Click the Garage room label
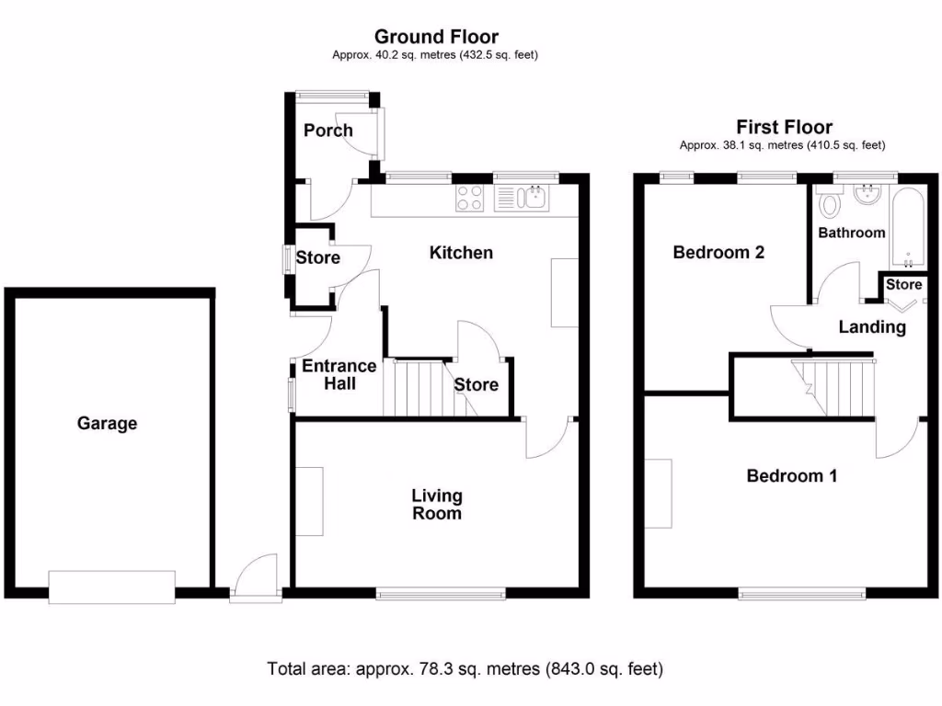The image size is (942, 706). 107,424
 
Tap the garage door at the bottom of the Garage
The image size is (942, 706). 111,586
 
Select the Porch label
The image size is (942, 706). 328,131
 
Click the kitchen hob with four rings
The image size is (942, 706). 471,197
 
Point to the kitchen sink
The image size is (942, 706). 522,198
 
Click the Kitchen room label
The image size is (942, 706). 461,253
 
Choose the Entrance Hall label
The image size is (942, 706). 339,374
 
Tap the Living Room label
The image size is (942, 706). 437,505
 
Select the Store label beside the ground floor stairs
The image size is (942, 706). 476,385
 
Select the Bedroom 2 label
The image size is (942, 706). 718,253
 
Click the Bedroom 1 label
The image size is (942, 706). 791,476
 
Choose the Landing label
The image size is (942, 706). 872,327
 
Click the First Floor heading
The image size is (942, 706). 784,128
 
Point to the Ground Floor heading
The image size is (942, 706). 436,38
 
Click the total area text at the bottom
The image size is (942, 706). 465,669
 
